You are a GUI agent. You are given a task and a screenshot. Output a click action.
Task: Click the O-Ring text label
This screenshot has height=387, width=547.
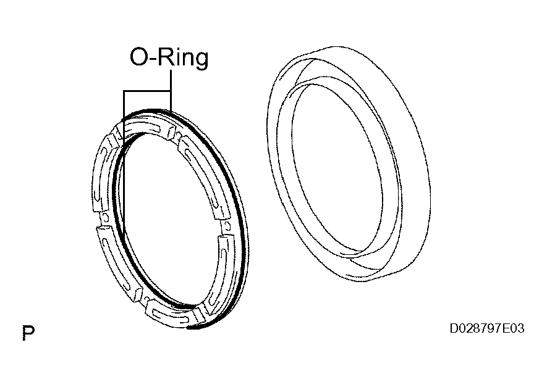click(168, 58)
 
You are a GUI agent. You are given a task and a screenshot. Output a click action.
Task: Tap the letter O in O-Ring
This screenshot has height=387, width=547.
click(139, 58)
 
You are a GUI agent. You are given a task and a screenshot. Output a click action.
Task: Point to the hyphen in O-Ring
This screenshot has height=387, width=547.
click(153, 60)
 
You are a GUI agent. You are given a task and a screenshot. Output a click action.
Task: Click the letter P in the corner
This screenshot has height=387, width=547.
click(27, 333)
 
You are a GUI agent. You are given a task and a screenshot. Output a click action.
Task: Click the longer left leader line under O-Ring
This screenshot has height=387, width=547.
click(124, 167)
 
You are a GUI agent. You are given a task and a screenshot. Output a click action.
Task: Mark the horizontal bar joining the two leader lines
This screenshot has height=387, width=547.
click(147, 91)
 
